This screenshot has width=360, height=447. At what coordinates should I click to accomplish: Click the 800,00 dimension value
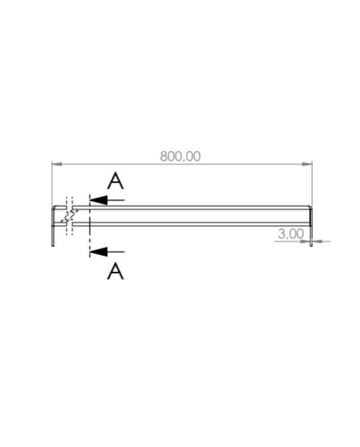(180, 156)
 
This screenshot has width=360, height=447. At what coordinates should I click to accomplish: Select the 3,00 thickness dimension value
(291, 234)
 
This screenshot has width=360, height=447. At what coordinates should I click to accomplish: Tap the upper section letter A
(116, 181)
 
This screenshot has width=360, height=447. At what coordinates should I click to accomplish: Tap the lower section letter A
(116, 271)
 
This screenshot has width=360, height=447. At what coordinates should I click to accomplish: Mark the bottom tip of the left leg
(52, 245)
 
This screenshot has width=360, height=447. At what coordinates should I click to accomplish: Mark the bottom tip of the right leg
(311, 246)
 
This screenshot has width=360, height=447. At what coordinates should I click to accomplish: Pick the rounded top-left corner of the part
(53, 207)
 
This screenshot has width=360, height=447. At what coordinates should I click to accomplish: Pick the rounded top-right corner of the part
(310, 207)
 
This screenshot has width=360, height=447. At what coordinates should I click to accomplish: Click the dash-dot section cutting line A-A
(89, 226)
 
